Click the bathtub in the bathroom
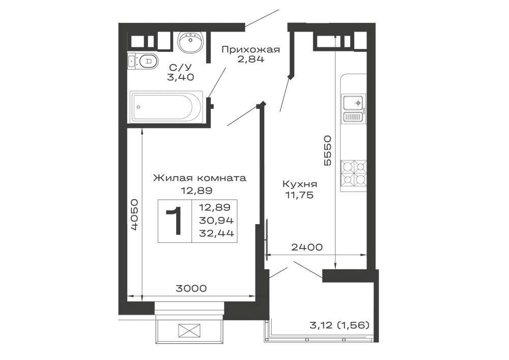pos(166,107)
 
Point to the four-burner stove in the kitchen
pos(354,173)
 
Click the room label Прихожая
pos(250,49)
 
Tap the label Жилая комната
pos(200,178)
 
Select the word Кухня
pos(300,184)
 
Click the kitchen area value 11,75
pos(300,195)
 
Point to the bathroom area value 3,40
pos(181,77)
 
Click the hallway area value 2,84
pos(250,59)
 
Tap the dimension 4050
pos(135,214)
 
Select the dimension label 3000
pos(191,288)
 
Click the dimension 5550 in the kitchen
pos(327,150)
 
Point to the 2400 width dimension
pos(307,247)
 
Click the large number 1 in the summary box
pos(174,221)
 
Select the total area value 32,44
pos(216,233)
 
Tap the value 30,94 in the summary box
pos(216,220)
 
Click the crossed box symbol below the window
pos(189,331)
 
